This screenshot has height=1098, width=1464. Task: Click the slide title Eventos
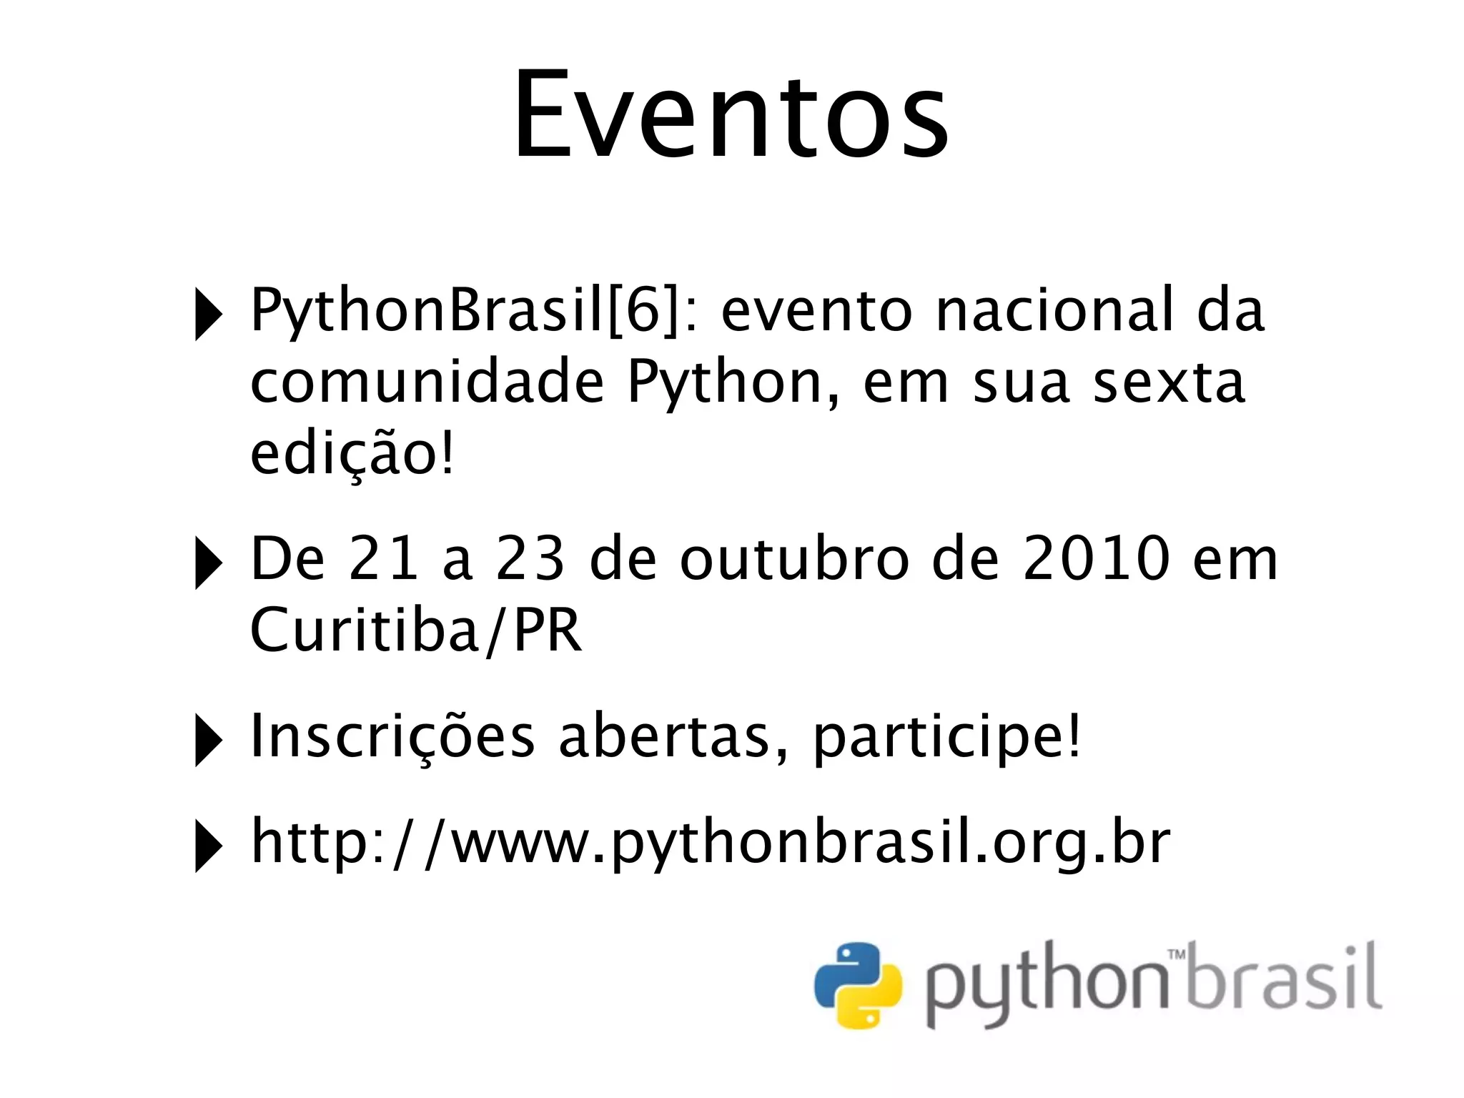coord(731,114)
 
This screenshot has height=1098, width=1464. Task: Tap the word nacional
coord(1054,311)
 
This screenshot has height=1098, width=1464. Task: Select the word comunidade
coord(427,382)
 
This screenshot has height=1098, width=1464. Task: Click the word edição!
coord(352,455)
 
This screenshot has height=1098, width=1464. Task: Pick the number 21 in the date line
coord(383,559)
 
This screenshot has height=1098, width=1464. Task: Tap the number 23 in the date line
coord(530,559)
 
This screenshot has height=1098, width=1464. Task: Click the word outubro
coord(795,559)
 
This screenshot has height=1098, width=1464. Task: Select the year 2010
coord(1097,559)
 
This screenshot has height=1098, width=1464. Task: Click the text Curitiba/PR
coord(415,630)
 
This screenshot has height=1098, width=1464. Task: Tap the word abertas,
coord(674,736)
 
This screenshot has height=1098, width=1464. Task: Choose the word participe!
coord(947,738)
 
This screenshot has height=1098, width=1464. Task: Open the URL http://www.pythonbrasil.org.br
coord(710,844)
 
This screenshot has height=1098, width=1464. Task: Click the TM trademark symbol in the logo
coord(1177,954)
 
